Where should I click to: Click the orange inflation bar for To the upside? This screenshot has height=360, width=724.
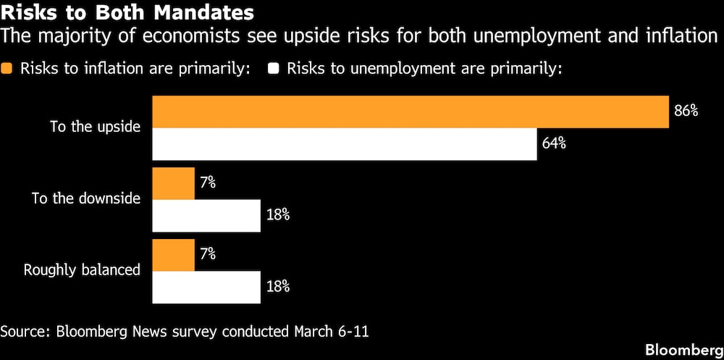pyautogui.click(x=410, y=112)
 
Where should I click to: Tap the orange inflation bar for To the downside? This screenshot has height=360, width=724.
pyautogui.click(x=173, y=183)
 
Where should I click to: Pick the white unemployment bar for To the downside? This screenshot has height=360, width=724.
pyautogui.click(x=206, y=215)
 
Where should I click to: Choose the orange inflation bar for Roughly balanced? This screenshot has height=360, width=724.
pyautogui.click(x=173, y=255)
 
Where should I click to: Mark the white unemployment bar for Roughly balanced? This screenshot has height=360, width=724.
pyautogui.click(x=206, y=287)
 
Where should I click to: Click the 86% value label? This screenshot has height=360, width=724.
pyautogui.click(x=686, y=112)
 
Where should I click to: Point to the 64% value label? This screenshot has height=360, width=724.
pyautogui.click(x=554, y=143)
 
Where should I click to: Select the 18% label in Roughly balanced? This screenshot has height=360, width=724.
pyautogui.click(x=277, y=287)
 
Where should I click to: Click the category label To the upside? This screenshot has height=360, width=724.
pyautogui.click(x=95, y=127)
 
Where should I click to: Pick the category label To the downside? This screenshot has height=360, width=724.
pyautogui.click(x=85, y=198)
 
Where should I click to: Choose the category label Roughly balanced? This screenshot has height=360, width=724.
pyautogui.click(x=82, y=270)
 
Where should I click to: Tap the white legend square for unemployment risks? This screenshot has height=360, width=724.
pyautogui.click(x=274, y=70)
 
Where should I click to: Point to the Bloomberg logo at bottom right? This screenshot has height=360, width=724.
pyautogui.click(x=683, y=347)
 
